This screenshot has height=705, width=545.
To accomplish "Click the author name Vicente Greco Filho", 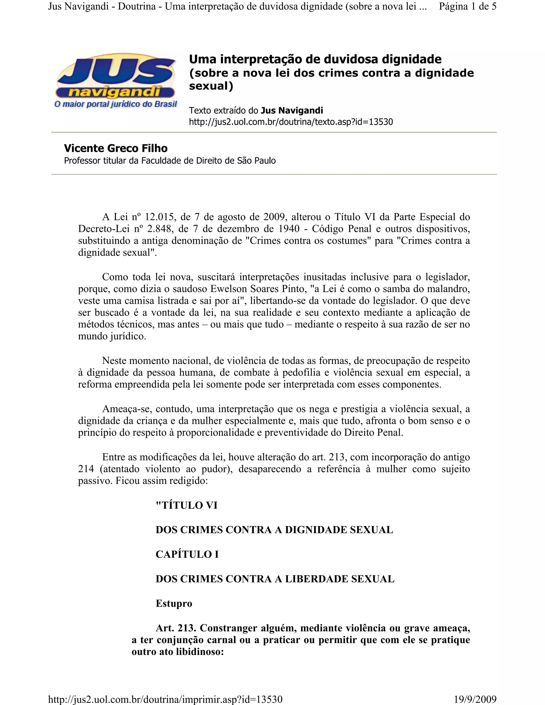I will pos(115,148).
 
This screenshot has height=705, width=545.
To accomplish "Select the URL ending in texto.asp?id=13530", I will pos(291,122).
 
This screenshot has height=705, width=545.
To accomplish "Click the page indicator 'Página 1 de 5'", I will pos(467,6).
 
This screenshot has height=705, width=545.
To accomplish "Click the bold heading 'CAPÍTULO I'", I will pos(187,554).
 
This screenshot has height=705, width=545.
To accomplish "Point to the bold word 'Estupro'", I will pos(174,603).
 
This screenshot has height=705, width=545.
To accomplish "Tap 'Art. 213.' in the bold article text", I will pos(176,628).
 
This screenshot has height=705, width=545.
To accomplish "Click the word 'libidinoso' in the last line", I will pos(199,652).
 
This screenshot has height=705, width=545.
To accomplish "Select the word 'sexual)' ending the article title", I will pos(211,86).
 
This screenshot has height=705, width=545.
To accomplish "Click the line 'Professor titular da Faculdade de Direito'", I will pos(170,161).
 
